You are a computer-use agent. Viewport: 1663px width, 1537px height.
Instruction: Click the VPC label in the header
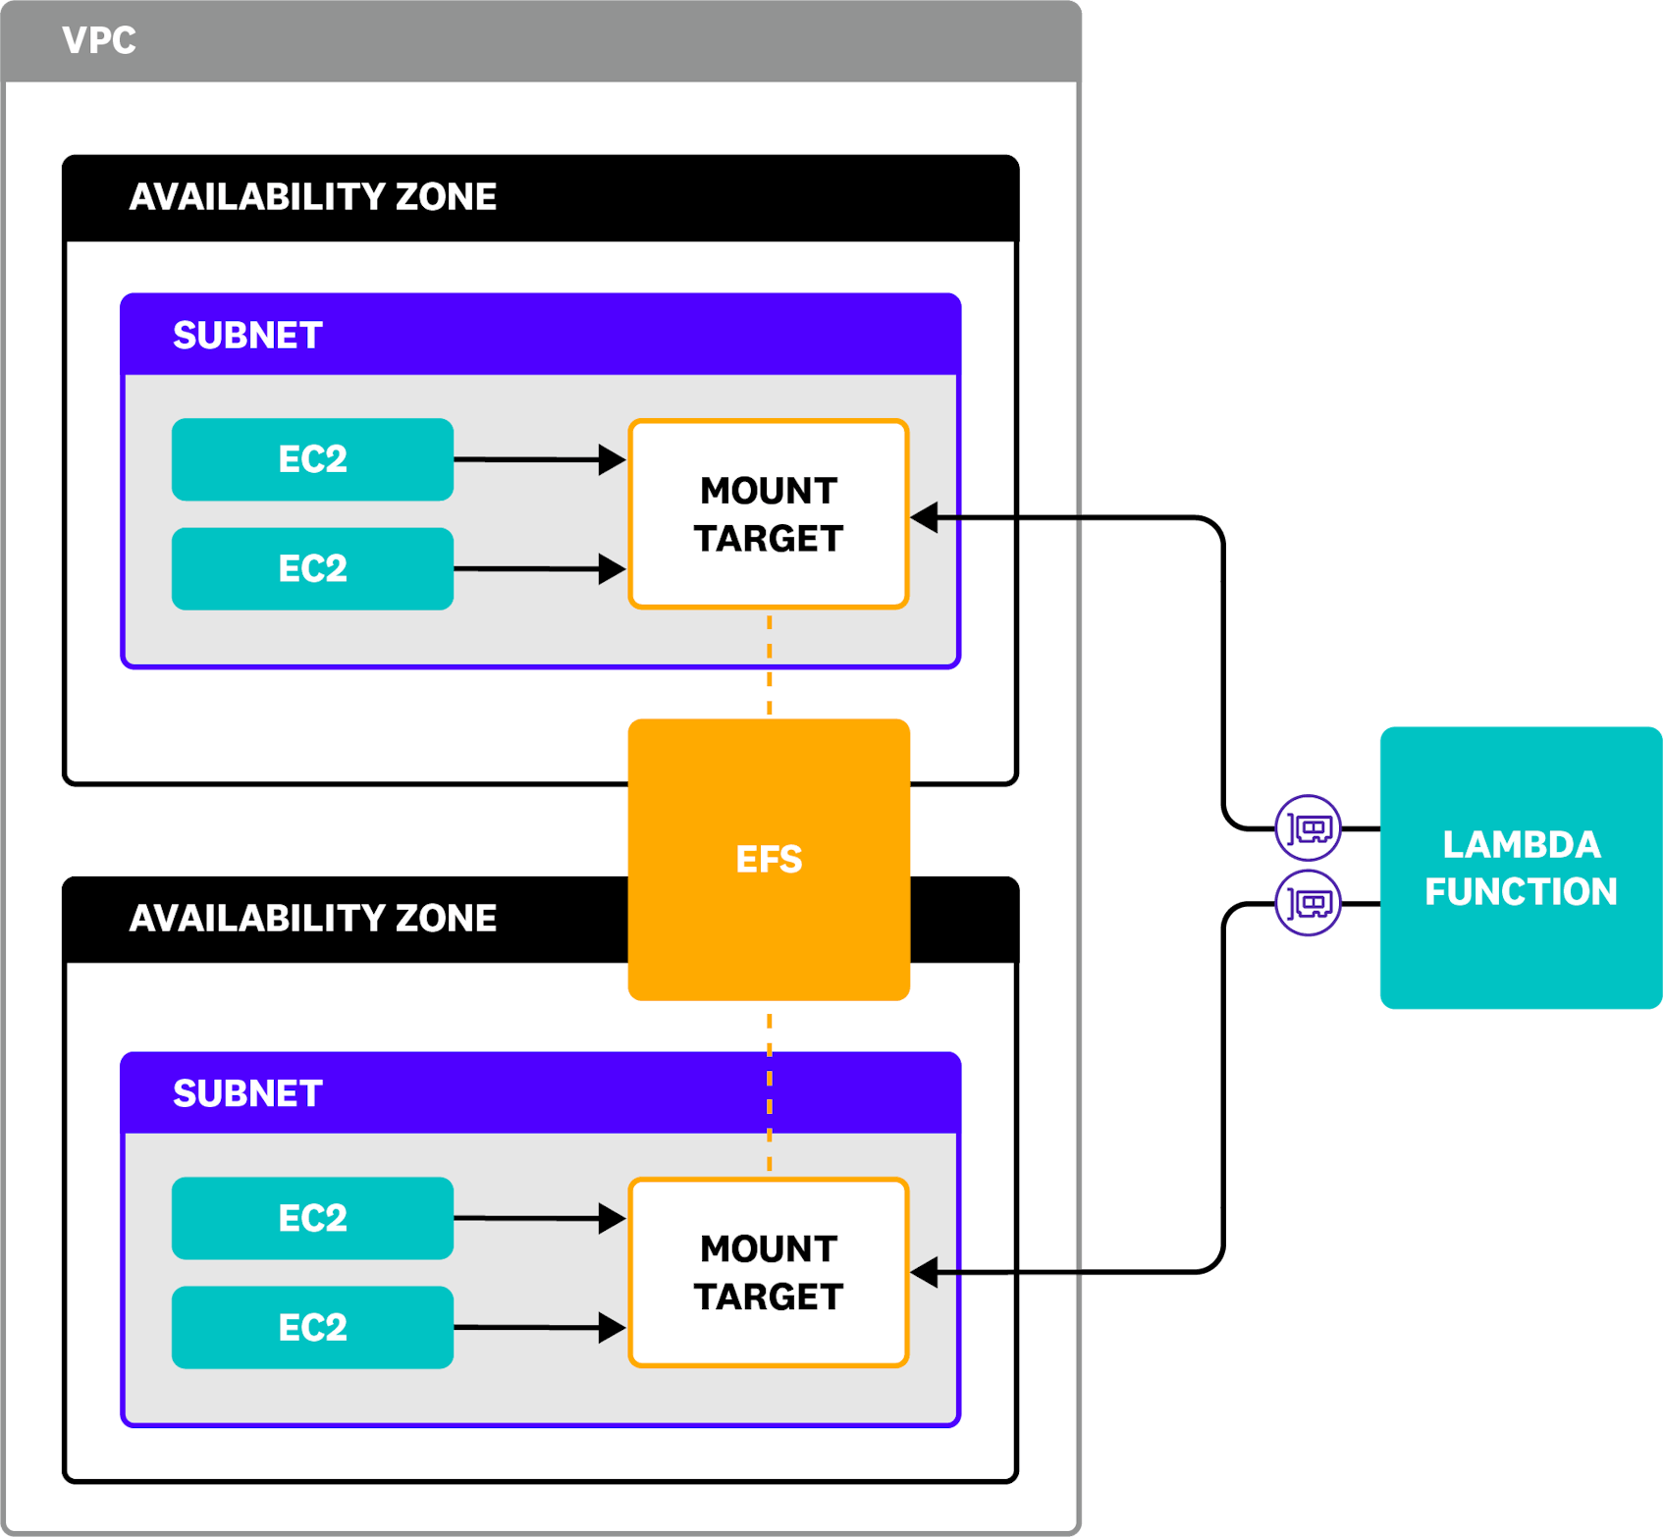(x=99, y=41)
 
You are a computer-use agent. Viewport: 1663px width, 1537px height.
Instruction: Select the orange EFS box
(x=769, y=859)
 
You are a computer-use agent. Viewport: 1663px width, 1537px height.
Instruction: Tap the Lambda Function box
(x=1520, y=868)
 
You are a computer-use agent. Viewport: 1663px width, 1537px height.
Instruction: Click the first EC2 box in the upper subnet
(x=312, y=459)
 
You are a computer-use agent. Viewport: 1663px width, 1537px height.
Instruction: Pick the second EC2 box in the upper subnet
(x=312, y=568)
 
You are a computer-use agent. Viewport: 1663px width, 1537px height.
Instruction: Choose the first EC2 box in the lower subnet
(x=312, y=1218)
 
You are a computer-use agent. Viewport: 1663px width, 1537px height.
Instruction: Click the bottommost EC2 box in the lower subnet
(x=312, y=1327)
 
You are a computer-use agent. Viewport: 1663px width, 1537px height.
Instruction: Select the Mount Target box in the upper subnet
(x=769, y=514)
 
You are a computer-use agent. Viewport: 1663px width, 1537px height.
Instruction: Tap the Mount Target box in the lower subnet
(x=769, y=1272)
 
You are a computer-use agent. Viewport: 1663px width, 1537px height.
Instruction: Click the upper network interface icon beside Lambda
(x=1308, y=828)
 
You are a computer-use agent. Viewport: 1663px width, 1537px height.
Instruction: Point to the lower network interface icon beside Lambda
(x=1308, y=903)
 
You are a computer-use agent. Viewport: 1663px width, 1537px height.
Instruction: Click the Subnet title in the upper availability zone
(x=247, y=336)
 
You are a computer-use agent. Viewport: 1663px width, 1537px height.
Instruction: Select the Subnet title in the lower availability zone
(x=247, y=1093)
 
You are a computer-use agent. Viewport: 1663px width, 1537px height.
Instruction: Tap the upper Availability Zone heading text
(x=312, y=197)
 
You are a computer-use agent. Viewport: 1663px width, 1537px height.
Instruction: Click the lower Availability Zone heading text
(x=312, y=919)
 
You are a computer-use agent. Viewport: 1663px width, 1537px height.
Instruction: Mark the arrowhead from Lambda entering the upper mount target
(x=925, y=517)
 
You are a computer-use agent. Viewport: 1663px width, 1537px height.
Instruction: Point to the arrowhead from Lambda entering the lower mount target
(x=925, y=1272)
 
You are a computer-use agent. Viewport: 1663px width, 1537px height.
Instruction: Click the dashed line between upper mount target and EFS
(x=769, y=663)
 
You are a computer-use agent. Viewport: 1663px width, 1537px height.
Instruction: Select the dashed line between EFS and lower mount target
(x=769, y=1089)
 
